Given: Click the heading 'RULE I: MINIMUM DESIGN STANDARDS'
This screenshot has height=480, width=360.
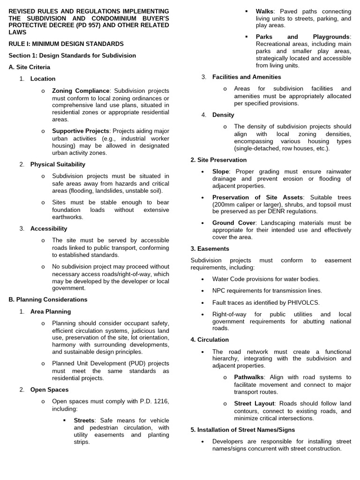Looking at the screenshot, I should click(66, 44).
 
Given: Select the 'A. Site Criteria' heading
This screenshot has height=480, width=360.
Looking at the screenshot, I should click(29, 67).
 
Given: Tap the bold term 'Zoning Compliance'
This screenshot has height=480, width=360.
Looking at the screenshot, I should click(81, 90).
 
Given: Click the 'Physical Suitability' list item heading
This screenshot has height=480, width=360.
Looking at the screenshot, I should click(58, 164).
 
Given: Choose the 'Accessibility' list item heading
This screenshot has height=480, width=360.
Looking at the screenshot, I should click(49, 228).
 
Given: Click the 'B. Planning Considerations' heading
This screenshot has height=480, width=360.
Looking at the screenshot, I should click(48, 299).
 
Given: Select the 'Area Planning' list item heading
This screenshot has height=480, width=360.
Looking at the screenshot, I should click(51, 311).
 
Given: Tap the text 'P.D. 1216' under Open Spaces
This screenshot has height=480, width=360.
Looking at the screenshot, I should click(154, 401).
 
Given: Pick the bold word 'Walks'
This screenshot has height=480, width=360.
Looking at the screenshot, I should click(265, 11).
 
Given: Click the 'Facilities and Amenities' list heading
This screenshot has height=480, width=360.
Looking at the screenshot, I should click(247, 77).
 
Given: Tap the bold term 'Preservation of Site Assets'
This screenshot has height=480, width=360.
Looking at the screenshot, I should click(257, 197).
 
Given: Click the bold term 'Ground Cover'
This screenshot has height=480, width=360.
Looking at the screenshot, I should click(233, 223).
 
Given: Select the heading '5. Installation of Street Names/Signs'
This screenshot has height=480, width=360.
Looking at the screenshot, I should click(242, 429).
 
